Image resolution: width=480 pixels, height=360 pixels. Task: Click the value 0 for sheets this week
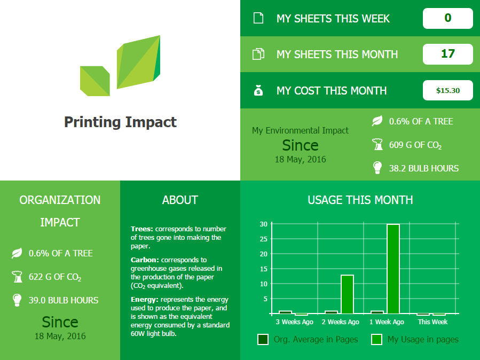pos(447,18)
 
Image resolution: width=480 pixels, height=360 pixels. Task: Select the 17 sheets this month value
pos(447,54)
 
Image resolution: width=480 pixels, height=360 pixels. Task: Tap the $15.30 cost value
pos(447,90)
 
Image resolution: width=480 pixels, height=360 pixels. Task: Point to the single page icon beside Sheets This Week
pos(258,18)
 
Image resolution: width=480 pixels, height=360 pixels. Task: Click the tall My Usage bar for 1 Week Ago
pos(393,269)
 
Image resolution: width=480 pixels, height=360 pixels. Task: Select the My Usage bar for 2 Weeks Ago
pos(347,294)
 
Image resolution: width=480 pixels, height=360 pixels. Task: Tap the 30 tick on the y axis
pos(264,224)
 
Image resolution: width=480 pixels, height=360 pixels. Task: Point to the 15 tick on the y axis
pos(264,269)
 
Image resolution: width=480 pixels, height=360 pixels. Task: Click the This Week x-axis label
pos(432,322)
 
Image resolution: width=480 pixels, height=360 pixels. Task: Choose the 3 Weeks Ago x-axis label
pos(295,322)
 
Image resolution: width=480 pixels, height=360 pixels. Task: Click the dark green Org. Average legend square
pos(263,340)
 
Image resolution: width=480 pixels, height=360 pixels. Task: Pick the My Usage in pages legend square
pos(376,340)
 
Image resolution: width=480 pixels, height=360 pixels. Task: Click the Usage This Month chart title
pos(360,200)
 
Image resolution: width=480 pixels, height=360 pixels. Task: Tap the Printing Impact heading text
pos(120,122)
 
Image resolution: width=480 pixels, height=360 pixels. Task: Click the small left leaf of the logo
pos(95,81)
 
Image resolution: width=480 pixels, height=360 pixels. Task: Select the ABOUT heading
pos(180,200)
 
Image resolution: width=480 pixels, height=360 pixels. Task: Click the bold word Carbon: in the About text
pos(145,260)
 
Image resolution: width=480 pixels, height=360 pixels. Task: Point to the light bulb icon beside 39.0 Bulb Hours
pos(17,300)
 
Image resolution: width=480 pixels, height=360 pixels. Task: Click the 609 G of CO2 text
pos(415,145)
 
